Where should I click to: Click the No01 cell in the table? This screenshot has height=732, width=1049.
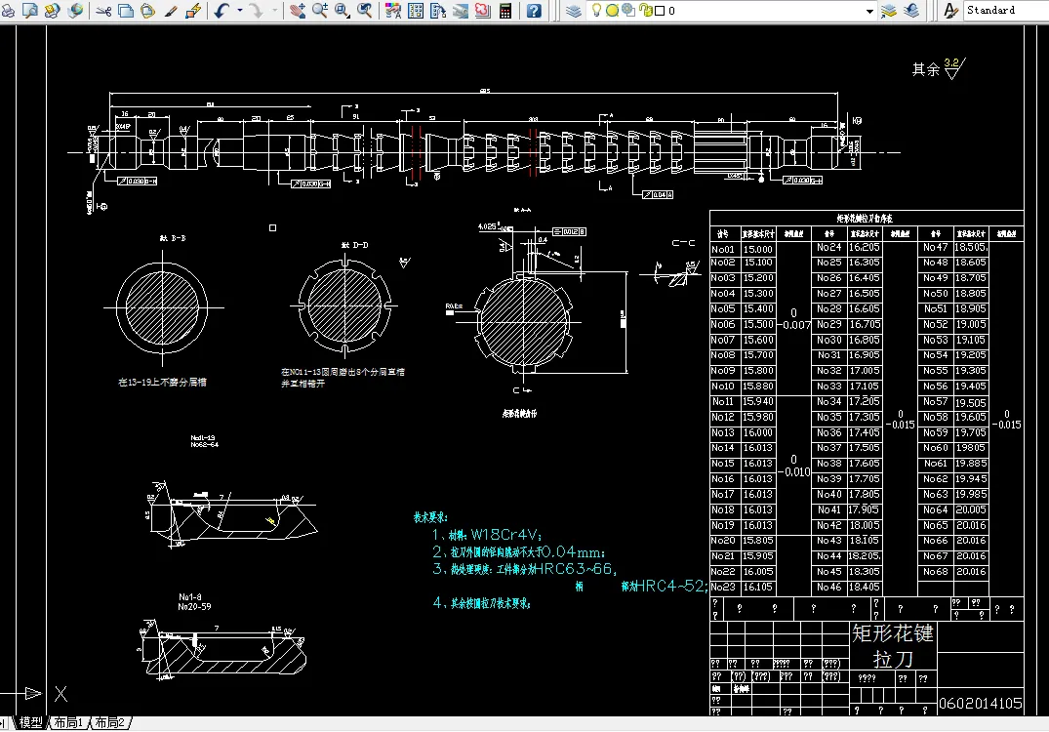723,248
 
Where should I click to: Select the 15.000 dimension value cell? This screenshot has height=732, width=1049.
758,248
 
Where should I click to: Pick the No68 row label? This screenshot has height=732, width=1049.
935,571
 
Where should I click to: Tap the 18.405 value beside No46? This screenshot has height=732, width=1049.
865,587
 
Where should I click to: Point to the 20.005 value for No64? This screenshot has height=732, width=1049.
970,509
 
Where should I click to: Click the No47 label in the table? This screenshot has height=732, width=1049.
935,248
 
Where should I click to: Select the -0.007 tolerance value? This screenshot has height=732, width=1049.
796,325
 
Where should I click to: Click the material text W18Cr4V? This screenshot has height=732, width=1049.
505,535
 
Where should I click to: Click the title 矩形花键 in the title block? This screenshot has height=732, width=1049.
893,633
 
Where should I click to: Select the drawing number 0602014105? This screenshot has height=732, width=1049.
981,704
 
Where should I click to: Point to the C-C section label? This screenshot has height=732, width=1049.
682,242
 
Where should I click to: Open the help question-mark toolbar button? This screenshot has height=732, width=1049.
534,11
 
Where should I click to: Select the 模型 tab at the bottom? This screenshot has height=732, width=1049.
31,723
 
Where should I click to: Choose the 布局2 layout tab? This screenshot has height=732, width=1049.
110,723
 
